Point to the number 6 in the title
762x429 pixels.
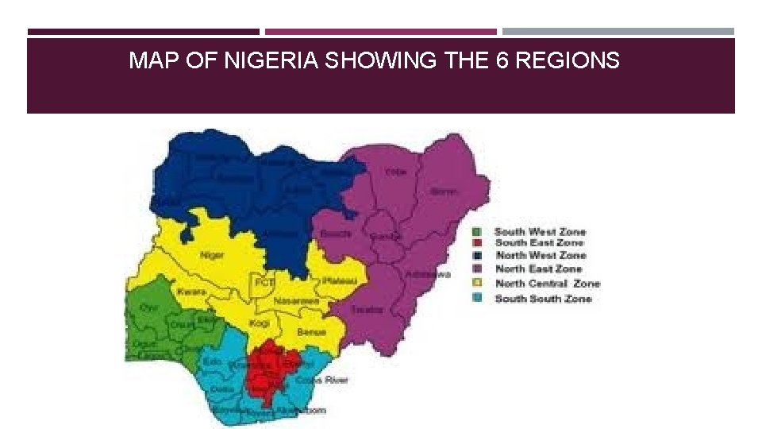click(x=502, y=60)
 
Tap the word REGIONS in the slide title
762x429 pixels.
click(x=568, y=60)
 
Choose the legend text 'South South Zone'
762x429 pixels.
click(x=543, y=299)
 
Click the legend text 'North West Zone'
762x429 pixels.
click(x=541, y=256)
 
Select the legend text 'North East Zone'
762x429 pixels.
click(x=539, y=269)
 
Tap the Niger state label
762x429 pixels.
click(x=211, y=255)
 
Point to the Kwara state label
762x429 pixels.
click(x=191, y=292)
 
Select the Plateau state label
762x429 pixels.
click(x=339, y=281)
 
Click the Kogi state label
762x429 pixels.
click(x=260, y=324)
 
